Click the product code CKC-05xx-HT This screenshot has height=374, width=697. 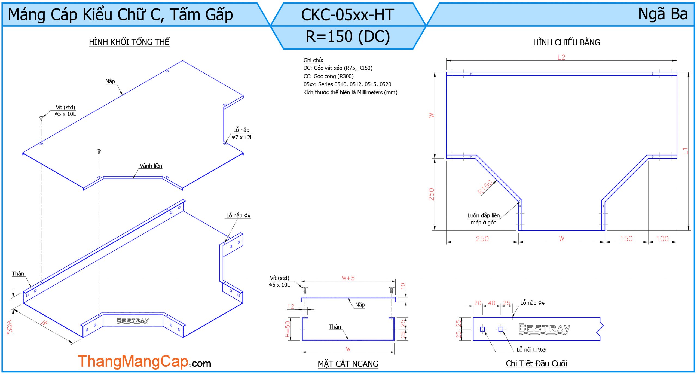[348, 15]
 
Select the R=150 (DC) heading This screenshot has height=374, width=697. [348, 37]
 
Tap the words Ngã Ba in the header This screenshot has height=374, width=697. [663, 14]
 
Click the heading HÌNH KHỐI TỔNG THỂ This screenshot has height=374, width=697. [129, 42]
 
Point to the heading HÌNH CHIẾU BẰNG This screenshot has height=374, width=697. [566, 43]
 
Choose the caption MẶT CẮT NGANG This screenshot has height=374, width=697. [348, 364]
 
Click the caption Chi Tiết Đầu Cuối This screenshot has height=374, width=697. [536, 364]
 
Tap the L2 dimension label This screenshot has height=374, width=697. [561, 57]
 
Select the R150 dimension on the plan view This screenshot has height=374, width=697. [485, 187]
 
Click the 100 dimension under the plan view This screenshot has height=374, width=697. [662, 239]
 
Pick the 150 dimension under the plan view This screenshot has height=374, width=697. [626, 239]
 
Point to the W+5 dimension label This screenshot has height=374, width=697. [348, 278]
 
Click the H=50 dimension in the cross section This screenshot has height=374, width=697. [288, 329]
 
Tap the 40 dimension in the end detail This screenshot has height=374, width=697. [491, 303]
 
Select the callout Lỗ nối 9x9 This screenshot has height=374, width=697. [531, 350]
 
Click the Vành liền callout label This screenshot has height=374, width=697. [151, 166]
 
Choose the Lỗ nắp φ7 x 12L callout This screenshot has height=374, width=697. [242, 134]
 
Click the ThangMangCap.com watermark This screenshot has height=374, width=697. [144, 362]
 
